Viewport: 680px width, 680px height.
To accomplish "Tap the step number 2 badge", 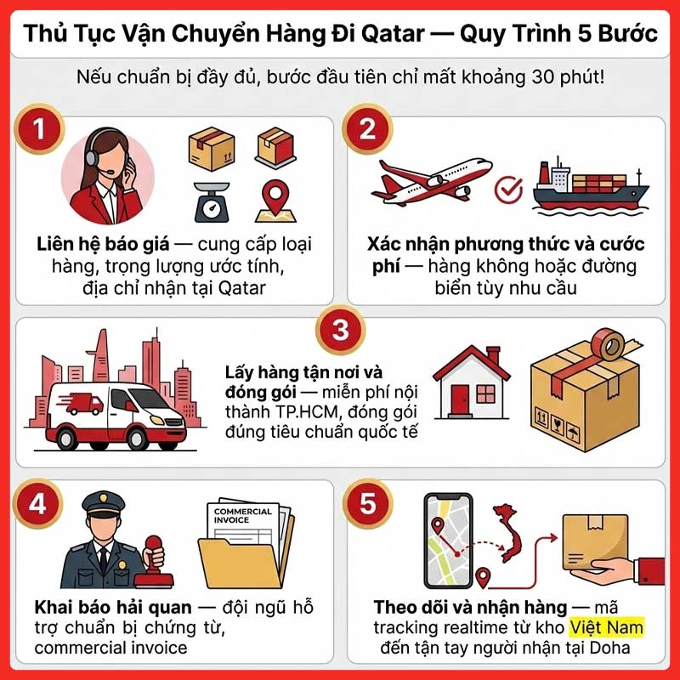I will pos(367,133).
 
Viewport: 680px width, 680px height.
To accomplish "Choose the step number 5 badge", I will pos(367,504).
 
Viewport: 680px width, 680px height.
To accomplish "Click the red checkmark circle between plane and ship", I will pos(508,189).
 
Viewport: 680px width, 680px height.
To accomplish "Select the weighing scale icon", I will pos(207,201).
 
